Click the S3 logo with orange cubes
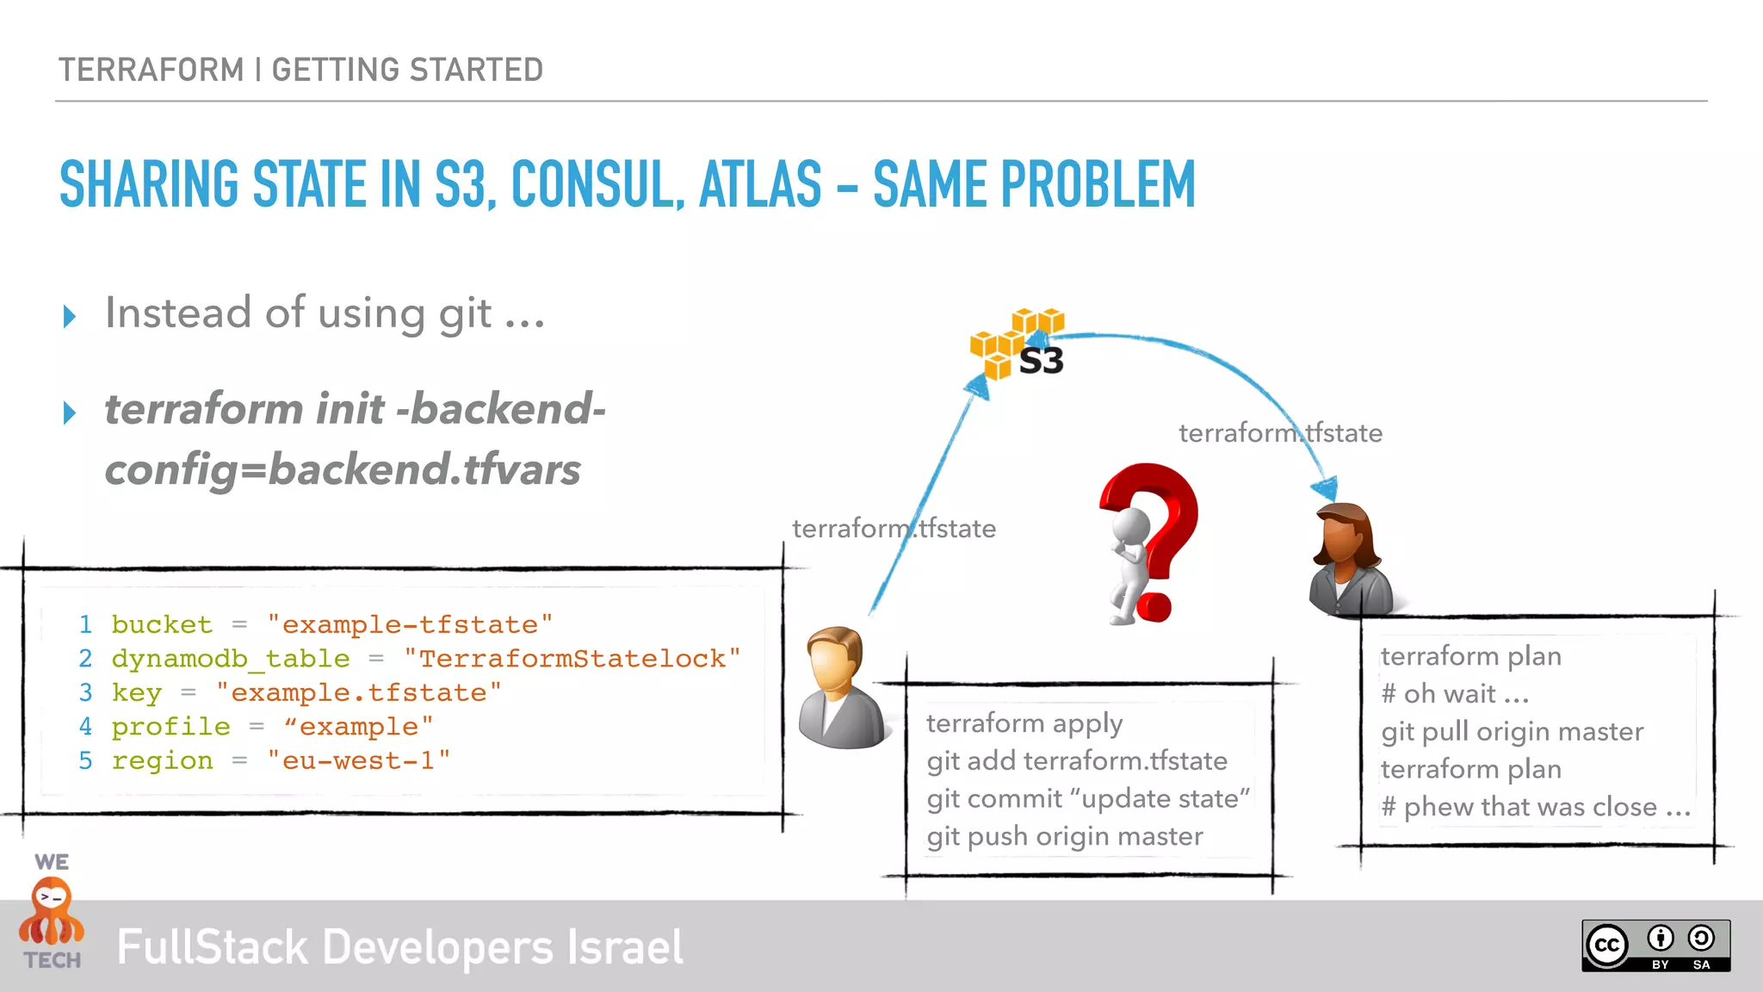click(x=1018, y=345)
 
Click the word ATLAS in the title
click(x=760, y=184)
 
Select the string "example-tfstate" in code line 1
click(x=410, y=624)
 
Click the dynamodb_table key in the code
click(x=231, y=659)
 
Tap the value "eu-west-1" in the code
click(x=358, y=761)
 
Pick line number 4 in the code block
click(x=85, y=727)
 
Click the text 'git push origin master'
click(x=1065, y=836)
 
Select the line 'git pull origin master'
click(x=1512, y=732)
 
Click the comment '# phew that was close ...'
click(x=1535, y=808)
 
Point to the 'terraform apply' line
click(x=1024, y=723)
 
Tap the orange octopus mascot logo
click(x=52, y=913)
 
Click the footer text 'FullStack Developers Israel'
click(x=399, y=947)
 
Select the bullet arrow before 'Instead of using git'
click(x=70, y=316)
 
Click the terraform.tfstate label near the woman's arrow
click(x=1280, y=433)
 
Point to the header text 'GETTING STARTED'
click(x=407, y=70)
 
